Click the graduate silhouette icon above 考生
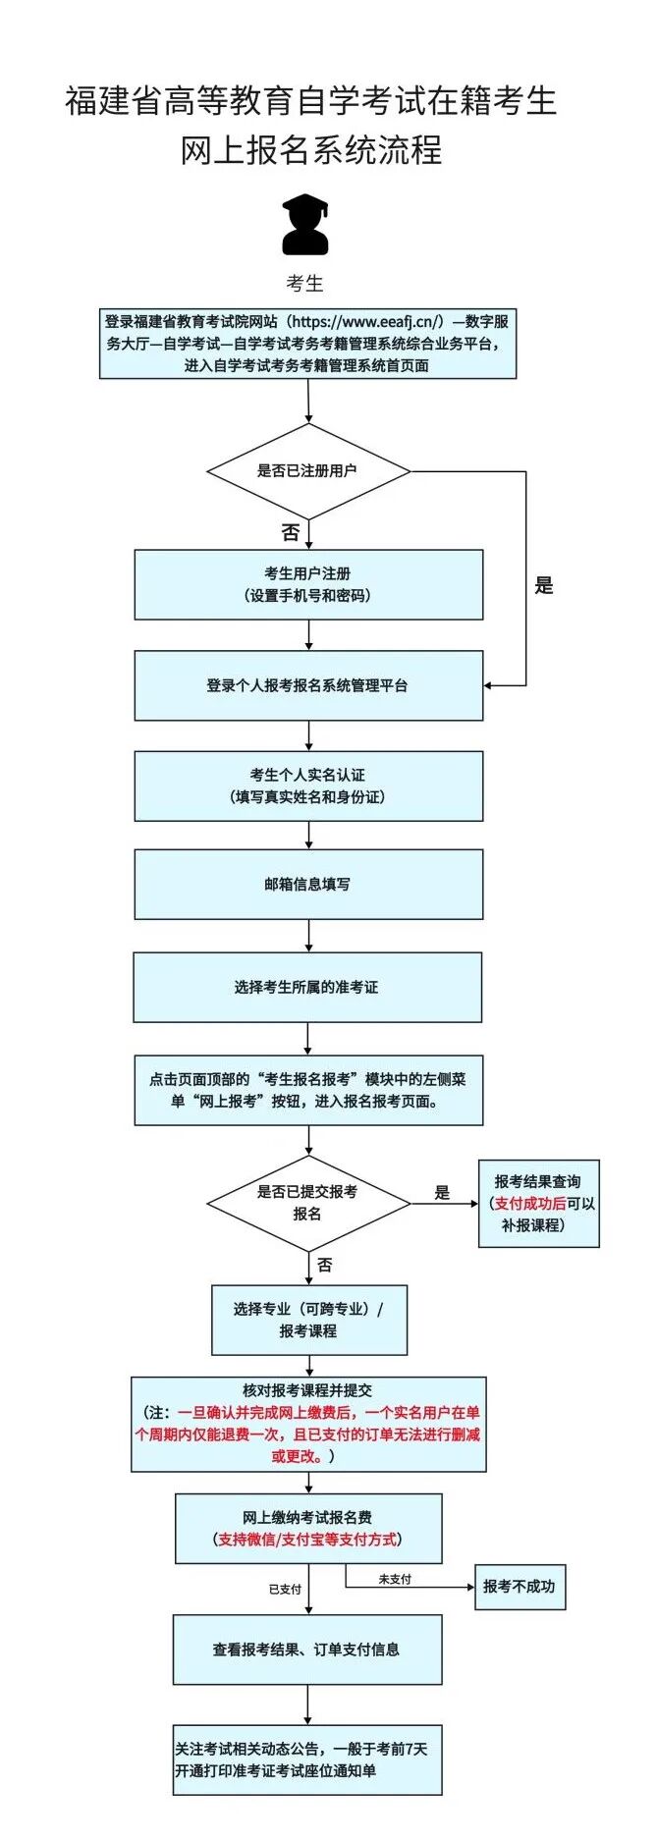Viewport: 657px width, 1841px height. coord(305,224)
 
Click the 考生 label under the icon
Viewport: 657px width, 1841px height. coord(304,284)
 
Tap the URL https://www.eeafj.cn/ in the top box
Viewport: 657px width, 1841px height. coord(367,321)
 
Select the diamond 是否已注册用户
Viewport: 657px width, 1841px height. coord(308,471)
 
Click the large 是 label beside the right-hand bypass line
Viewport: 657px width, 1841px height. coord(544,586)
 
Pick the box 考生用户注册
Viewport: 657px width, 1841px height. coord(308,584)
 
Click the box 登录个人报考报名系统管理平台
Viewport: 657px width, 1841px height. coord(308,685)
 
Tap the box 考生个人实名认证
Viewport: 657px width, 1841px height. coord(308,785)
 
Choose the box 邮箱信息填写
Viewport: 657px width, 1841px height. coord(308,885)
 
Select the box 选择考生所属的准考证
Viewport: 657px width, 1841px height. coord(307,987)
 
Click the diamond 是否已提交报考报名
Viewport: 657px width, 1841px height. coord(308,1203)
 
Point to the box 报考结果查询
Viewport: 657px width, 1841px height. coord(539,1204)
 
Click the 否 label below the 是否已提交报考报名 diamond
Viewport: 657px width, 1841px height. coord(325,1266)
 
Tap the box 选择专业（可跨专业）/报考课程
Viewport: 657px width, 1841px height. coord(309,1321)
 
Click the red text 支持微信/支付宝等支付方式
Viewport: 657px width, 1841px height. coord(308,1540)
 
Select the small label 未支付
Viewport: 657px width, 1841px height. coord(395,1579)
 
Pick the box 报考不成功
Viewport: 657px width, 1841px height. coord(520,1587)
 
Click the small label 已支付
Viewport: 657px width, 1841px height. coord(286,1589)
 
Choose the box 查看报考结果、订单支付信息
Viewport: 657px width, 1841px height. coord(307,1650)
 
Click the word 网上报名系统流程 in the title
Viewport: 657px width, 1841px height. coord(311,150)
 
